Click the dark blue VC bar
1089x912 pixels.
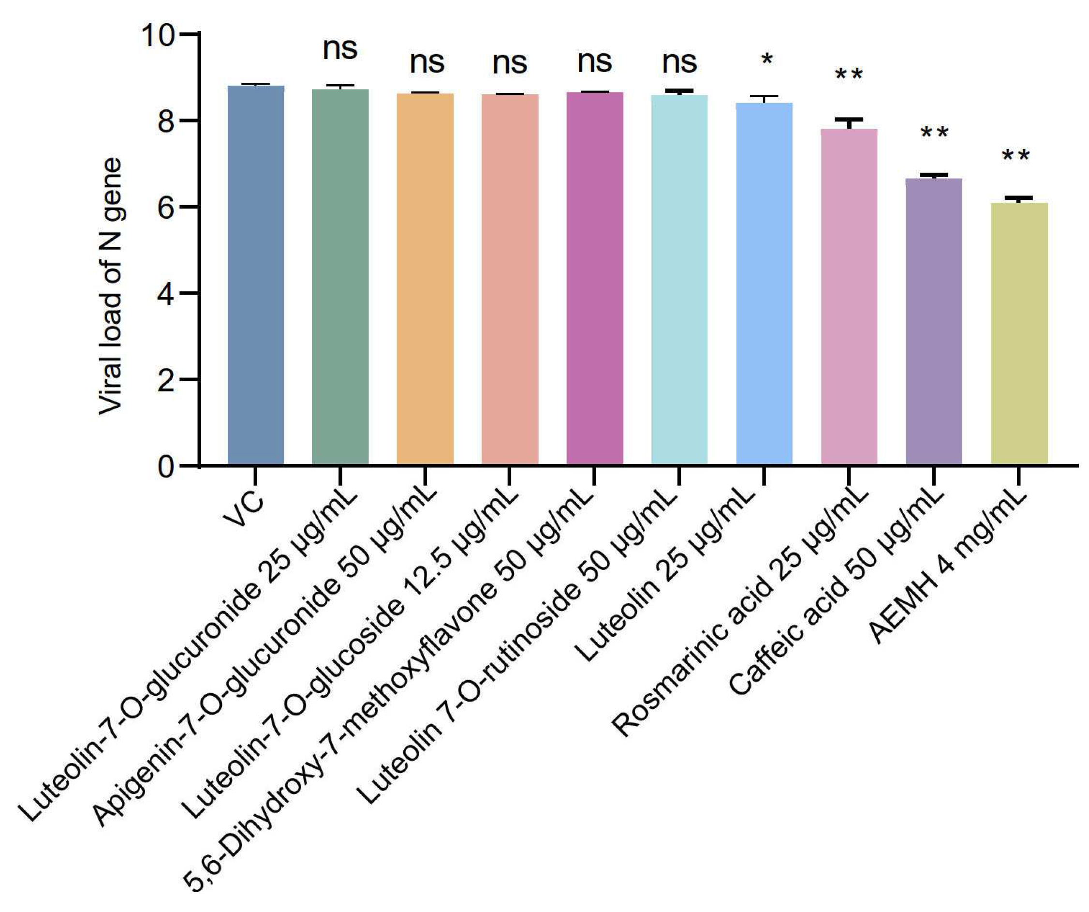coord(256,275)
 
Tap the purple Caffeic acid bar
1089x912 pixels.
coord(934,322)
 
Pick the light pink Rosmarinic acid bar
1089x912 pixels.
coord(849,296)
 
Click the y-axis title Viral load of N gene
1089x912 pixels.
coord(110,286)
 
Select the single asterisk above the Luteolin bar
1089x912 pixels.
coord(766,60)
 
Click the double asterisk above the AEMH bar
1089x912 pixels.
coord(1016,156)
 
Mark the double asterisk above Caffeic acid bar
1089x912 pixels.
coord(934,133)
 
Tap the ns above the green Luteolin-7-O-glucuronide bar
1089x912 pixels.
coord(340,49)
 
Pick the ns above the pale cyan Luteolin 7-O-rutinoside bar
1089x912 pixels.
coord(680,63)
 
